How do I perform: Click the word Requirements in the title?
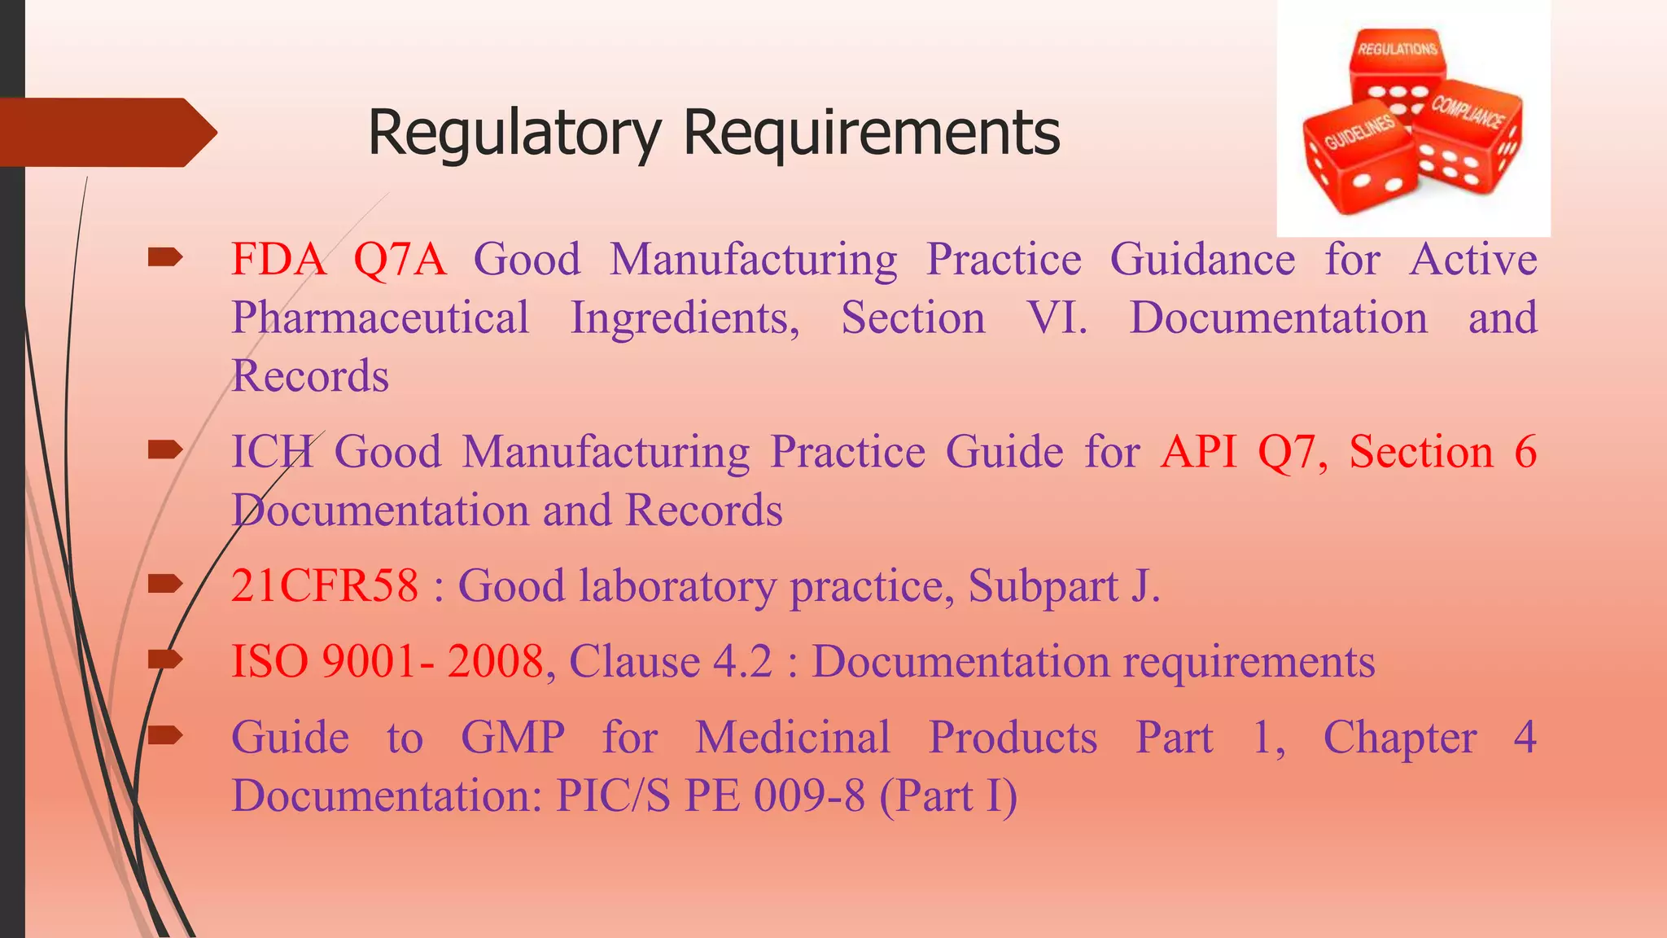(x=872, y=133)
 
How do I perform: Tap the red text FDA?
(x=278, y=260)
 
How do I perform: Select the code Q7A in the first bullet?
(x=400, y=260)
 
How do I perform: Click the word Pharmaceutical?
(x=380, y=318)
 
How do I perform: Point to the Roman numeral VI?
(x=1056, y=318)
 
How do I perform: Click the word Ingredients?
(x=685, y=319)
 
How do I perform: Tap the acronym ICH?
(x=272, y=452)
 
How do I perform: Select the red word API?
(x=1199, y=452)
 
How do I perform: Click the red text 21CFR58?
(x=325, y=585)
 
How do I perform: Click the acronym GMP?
(x=513, y=738)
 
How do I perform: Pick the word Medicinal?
(x=793, y=738)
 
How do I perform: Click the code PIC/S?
(x=613, y=796)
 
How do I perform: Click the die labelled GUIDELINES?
(x=1358, y=159)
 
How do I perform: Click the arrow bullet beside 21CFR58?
(x=165, y=584)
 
